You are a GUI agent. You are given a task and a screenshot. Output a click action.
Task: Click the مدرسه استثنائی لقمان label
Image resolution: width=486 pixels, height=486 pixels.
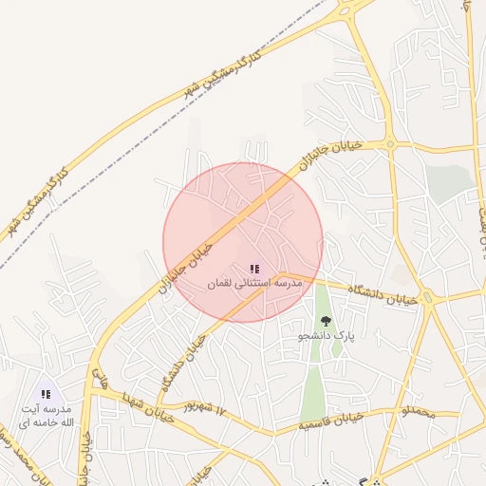[253, 283]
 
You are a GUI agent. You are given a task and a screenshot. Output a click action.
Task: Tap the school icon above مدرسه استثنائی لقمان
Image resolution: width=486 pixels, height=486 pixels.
[253, 271]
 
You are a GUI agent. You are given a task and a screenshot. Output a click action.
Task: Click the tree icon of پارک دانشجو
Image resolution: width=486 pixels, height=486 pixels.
[326, 322]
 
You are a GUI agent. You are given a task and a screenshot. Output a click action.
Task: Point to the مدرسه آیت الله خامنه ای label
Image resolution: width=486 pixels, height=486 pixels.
[46, 415]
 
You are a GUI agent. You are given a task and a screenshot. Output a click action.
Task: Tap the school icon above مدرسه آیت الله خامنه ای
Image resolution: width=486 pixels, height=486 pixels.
[46, 394]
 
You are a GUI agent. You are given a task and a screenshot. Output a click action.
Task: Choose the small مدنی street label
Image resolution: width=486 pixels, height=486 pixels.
[99, 379]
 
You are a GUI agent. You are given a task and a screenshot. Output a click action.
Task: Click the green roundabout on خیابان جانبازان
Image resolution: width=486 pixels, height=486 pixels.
[389, 144]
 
